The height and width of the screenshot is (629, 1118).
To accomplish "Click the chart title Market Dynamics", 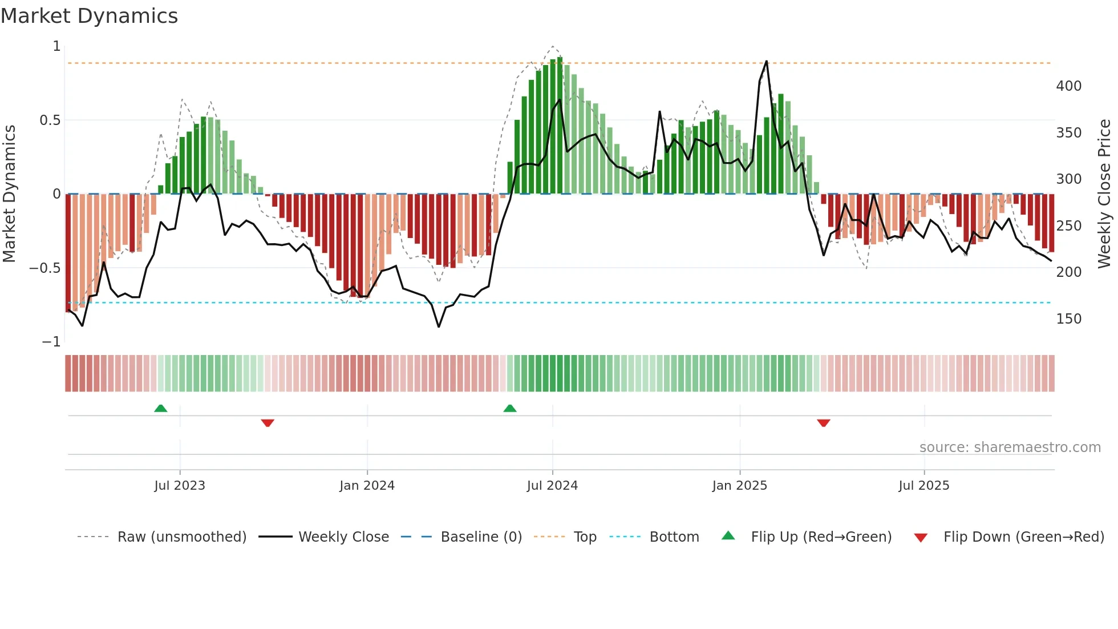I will tap(90, 16).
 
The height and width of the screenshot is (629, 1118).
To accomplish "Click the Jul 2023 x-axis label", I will tap(179, 486).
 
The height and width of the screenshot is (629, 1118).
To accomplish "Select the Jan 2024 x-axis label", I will tap(367, 486).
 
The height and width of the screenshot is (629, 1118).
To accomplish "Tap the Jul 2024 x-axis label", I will tap(552, 486).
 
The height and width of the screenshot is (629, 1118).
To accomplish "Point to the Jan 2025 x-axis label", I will tap(739, 486).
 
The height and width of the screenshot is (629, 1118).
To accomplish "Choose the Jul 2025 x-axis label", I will tap(923, 486).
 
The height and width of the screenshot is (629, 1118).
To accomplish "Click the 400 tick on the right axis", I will tap(1068, 86).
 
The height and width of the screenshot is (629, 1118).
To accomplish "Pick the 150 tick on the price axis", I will tap(1068, 319).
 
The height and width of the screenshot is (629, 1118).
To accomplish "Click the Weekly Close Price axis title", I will tap(1104, 193).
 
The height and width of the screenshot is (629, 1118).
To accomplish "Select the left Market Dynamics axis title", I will tap(9, 193).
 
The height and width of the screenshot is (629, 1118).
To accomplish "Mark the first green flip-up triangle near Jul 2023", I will tap(161, 409).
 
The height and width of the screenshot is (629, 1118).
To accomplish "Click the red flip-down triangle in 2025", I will tap(823, 423).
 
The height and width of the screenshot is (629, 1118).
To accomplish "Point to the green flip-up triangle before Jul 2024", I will tap(510, 409).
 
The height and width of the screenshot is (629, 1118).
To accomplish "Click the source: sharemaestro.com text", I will tap(1010, 447).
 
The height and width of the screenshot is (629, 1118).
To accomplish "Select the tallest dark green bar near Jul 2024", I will tap(560, 126).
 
